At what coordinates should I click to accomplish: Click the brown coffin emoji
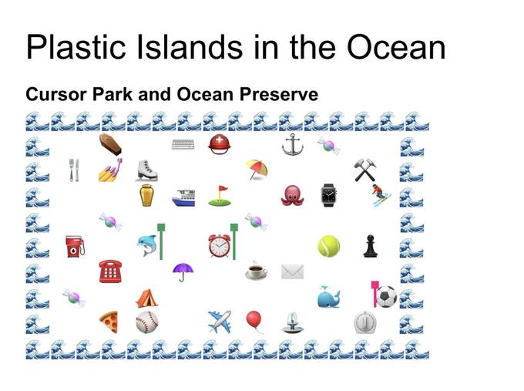pos(110,144)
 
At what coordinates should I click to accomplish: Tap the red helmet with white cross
pos(220,144)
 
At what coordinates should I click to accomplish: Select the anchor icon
pos(292,144)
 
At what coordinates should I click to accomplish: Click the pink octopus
pos(292,195)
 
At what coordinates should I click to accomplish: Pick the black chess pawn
pos(371,246)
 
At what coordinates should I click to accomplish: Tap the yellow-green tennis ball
pos(329,246)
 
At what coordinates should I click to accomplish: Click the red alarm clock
pos(220,246)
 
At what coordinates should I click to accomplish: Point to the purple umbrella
pos(183,271)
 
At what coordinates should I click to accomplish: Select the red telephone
pos(110,271)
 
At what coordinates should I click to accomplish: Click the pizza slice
pos(109,322)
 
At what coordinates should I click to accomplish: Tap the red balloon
pos(254,321)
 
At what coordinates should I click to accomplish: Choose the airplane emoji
pos(220,322)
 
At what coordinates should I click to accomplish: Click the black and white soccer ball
pos(386,297)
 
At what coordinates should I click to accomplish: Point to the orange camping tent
pos(146,298)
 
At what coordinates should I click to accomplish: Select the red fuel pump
pos(75,246)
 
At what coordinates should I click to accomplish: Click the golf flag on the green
pos(220,196)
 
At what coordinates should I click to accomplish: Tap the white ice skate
pos(146,170)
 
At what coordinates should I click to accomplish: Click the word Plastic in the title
pos(76,47)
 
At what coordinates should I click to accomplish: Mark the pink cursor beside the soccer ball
pos(375,294)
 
